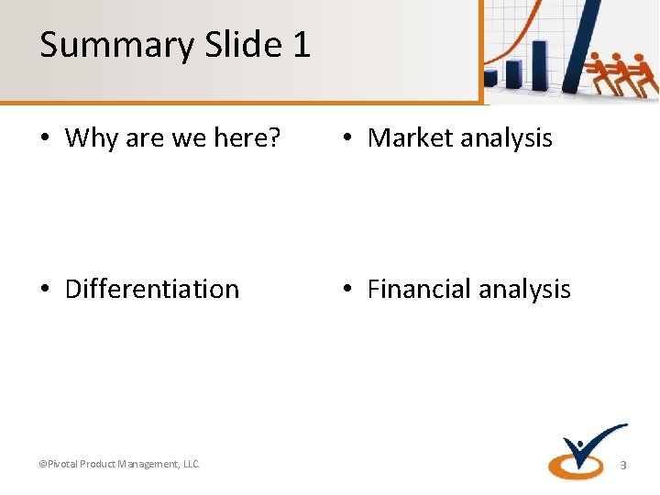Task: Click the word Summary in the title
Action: click(101, 45)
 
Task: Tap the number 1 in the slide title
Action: click(302, 44)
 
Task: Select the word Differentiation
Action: click(152, 289)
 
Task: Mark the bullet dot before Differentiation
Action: click(45, 290)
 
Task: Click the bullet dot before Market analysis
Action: click(347, 139)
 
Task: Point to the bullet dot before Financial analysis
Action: click(347, 290)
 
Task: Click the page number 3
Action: click(623, 465)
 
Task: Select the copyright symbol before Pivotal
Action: click(42, 464)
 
